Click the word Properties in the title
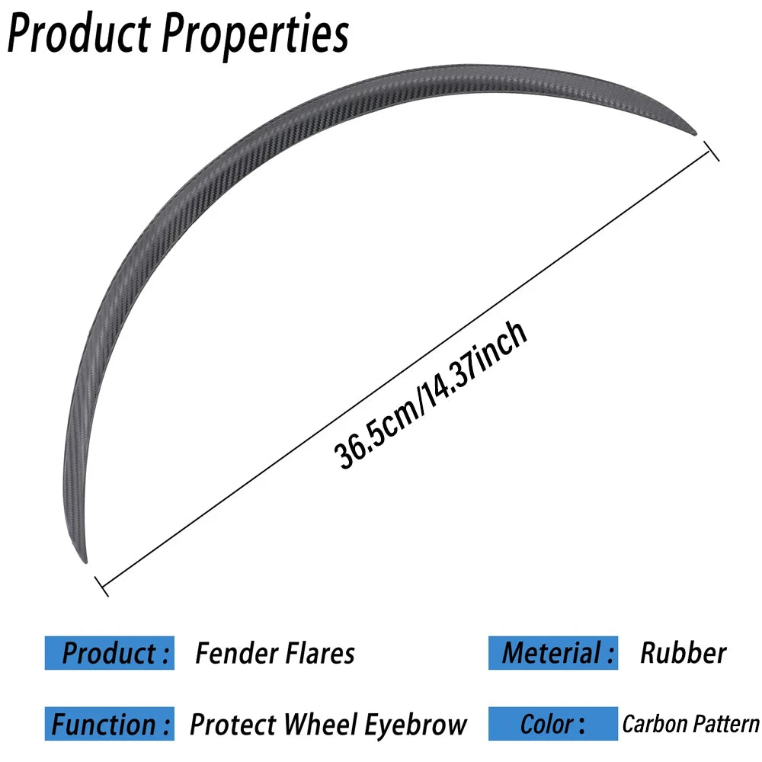[255, 37]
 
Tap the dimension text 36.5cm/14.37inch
[431, 394]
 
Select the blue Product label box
[109, 653]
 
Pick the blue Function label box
[109, 724]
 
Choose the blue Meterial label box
[553, 653]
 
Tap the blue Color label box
[553, 724]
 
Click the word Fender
[236, 653]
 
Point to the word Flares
[320, 653]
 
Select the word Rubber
[684, 653]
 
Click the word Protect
[232, 725]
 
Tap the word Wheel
[321, 725]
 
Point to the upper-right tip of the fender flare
[696, 133]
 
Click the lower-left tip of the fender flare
[85, 562]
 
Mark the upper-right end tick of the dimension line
[712, 151]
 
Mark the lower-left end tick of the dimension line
[101, 586]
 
